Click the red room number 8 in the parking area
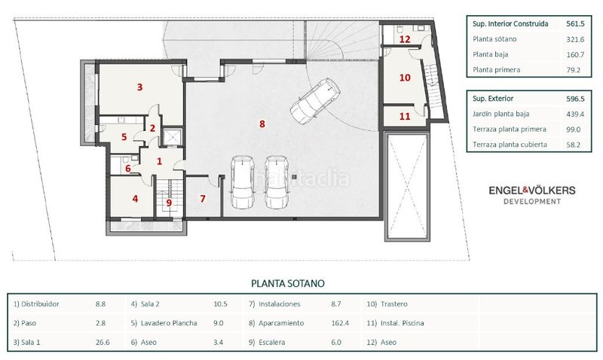[262, 124]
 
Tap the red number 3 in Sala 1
[139, 87]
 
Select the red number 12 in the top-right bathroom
[405, 39]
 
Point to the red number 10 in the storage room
[405, 78]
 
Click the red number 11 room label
[405, 116]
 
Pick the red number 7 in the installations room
[203, 199]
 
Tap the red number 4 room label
[135, 199]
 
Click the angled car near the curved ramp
[314, 101]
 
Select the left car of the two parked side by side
[242, 182]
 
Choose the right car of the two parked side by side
[277, 182]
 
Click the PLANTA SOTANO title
[288, 283]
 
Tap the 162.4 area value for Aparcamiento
[340, 323]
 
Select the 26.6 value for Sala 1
[103, 343]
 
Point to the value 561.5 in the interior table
[575, 24]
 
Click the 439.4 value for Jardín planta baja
[575, 114]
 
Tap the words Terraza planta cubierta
[510, 145]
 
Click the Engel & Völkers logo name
[532, 191]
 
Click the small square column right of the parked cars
[294, 177]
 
